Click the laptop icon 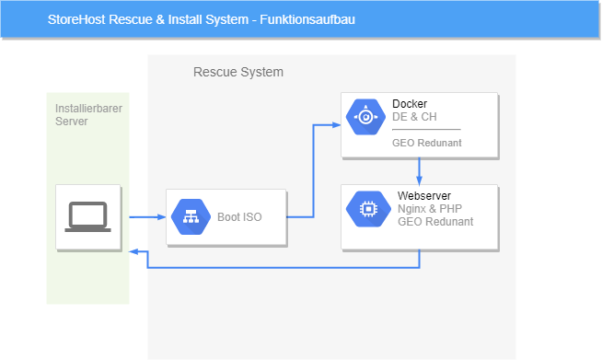tap(88, 217)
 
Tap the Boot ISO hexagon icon tap(191, 217)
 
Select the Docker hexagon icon tap(365, 117)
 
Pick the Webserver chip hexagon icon tap(368, 209)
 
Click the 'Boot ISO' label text tap(239, 217)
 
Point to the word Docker tap(410, 104)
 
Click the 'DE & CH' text tap(414, 117)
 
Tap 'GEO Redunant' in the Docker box tap(426, 143)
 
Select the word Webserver tap(424, 196)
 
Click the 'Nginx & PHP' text tap(430, 209)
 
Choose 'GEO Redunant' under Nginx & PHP tap(435, 222)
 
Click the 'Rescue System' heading tap(238, 72)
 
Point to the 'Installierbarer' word tap(88, 109)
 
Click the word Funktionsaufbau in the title tap(307, 19)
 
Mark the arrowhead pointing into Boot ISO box tap(162, 217)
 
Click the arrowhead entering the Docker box tap(336, 125)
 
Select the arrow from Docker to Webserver tap(419, 171)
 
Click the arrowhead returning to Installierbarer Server tap(133, 251)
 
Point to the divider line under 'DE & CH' tap(426, 130)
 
